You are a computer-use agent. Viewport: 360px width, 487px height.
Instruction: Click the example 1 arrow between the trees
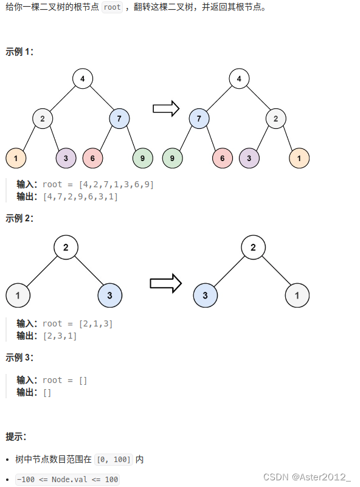165,109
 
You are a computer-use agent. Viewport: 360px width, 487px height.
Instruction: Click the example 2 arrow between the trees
166,283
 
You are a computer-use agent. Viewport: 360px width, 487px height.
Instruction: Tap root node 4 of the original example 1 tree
82,78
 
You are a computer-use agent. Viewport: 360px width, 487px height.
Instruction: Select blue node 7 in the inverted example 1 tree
199,119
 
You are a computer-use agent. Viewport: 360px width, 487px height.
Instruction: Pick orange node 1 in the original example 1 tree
16,158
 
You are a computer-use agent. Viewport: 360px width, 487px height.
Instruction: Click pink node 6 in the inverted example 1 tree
223,158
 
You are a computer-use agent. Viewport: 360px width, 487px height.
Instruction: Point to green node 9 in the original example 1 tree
142,158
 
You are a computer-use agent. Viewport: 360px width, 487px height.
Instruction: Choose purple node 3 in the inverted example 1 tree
249,158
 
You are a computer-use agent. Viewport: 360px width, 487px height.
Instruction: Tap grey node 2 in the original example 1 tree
43,119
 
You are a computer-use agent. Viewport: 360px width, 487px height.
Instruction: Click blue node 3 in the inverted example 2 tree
206,296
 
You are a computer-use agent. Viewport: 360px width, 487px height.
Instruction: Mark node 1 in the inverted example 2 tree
297,296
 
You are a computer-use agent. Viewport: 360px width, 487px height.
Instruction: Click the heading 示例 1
19,52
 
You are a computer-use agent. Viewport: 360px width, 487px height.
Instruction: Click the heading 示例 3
19,357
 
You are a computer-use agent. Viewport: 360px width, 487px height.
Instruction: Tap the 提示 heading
16,437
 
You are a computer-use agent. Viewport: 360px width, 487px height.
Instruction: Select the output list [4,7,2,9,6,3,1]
80,196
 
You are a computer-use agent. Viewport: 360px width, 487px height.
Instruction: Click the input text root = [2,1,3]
78,323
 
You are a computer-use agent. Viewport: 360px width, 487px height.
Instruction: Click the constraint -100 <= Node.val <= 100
67,479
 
